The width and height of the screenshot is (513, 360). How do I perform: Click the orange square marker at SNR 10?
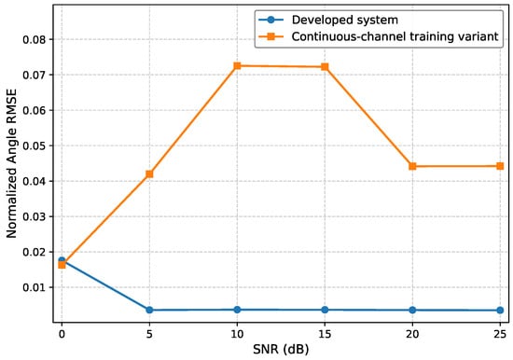click(x=237, y=66)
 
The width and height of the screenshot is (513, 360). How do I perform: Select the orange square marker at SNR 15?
click(x=325, y=67)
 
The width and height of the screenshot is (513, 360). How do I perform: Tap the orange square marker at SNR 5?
click(x=149, y=173)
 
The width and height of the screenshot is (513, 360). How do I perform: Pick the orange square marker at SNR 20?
click(x=412, y=166)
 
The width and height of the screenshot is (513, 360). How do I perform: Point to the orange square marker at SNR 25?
click(x=500, y=166)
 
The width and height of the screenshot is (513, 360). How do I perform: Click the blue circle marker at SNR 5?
click(x=149, y=310)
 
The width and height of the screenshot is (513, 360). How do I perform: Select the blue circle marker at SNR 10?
click(x=237, y=310)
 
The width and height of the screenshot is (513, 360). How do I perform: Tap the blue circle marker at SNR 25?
click(x=500, y=311)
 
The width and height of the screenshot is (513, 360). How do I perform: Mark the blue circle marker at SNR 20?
click(x=412, y=310)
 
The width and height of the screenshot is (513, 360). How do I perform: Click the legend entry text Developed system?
click(x=345, y=20)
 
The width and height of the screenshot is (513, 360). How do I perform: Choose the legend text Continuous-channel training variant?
click(x=395, y=36)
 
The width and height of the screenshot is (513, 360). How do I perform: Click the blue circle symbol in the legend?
click(x=270, y=20)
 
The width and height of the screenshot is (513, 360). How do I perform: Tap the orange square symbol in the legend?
click(x=270, y=36)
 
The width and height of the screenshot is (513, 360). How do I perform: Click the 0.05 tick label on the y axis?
click(x=35, y=146)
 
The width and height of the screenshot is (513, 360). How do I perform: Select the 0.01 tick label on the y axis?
click(x=35, y=287)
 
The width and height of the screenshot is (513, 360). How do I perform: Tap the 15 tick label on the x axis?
click(x=325, y=335)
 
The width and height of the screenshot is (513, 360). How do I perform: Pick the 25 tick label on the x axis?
click(x=500, y=335)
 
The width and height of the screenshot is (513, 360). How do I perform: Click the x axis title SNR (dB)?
click(x=281, y=350)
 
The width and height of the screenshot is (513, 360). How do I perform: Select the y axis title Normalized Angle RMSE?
click(x=11, y=163)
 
